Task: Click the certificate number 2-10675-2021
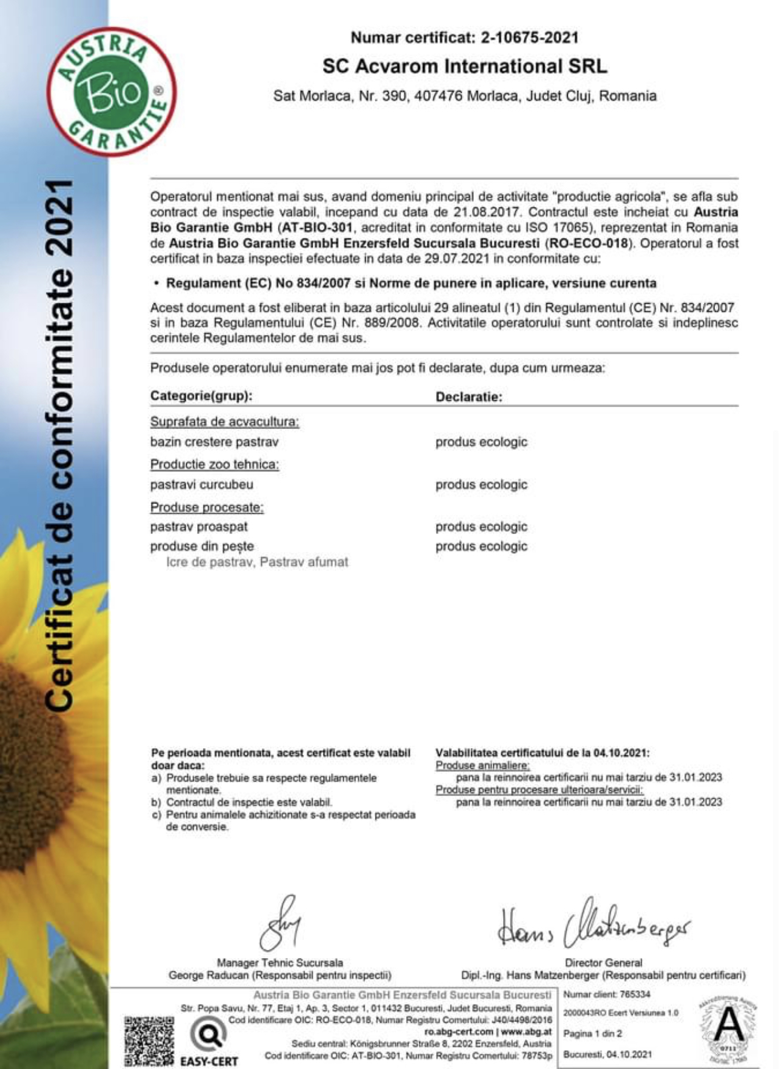pyautogui.click(x=529, y=38)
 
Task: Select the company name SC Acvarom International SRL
pyautogui.click(x=465, y=66)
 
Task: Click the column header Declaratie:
pyautogui.click(x=468, y=397)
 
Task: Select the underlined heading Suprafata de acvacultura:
pyautogui.click(x=225, y=422)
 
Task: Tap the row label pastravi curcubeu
pyautogui.click(x=201, y=484)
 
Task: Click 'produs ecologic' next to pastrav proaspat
pyautogui.click(x=481, y=527)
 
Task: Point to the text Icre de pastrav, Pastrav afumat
pyautogui.click(x=257, y=562)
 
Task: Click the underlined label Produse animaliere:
pyautogui.click(x=482, y=765)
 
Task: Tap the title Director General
pyautogui.click(x=603, y=963)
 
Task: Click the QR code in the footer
pyautogui.click(x=149, y=1041)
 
